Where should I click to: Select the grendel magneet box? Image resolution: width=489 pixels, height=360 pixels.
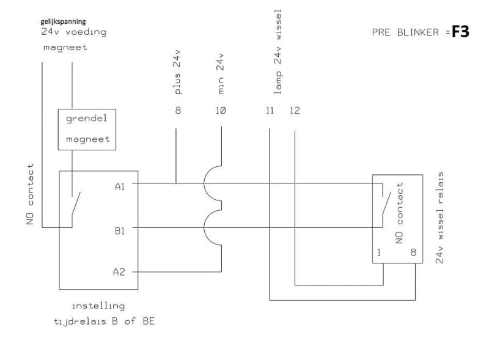pos(87,129)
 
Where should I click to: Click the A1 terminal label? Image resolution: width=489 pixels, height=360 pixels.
pos(120,186)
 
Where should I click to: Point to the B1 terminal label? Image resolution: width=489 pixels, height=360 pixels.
pos(120,231)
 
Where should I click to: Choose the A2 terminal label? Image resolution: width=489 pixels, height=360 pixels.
pos(119,271)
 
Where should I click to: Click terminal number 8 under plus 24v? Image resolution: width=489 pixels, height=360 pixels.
pos(178,111)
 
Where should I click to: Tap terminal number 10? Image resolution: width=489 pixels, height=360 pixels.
pos(221,111)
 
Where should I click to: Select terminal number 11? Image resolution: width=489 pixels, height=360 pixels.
pos(270,111)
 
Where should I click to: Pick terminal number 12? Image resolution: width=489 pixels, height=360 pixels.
pos(295,111)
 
